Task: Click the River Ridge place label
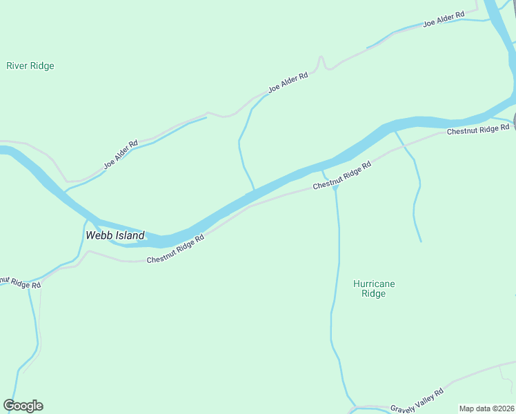click(x=30, y=66)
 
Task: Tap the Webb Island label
click(x=115, y=235)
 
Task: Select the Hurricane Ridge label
click(x=374, y=288)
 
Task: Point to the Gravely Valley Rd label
click(x=417, y=401)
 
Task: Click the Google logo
click(x=23, y=406)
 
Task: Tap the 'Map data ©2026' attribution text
click(x=487, y=408)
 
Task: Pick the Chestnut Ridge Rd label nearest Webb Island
click(x=176, y=249)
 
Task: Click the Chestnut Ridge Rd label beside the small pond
click(x=342, y=176)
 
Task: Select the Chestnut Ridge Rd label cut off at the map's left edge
click(x=19, y=283)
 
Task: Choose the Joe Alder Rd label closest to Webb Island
click(x=121, y=155)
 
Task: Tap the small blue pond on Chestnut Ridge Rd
click(x=335, y=187)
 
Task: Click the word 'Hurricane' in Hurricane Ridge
click(x=374, y=284)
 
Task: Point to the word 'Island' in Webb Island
click(x=129, y=235)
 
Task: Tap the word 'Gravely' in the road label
click(x=403, y=406)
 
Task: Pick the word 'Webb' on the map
click(x=97, y=235)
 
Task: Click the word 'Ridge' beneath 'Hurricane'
click(x=374, y=294)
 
